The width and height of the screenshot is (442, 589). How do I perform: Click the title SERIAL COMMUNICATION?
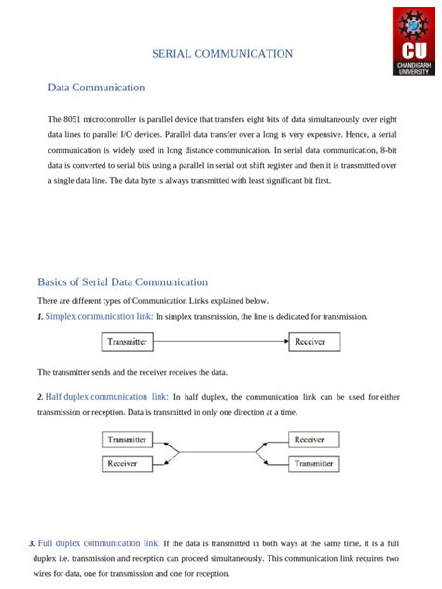[x=222, y=54]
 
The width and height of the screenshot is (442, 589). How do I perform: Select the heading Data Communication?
[x=96, y=88]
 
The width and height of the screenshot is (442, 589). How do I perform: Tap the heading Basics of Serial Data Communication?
[x=122, y=281]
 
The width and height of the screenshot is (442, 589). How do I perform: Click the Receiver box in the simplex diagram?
[x=310, y=342]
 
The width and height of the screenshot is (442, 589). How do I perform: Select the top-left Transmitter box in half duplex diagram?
[x=128, y=439]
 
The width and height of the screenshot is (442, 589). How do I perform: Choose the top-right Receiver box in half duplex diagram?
[x=310, y=439]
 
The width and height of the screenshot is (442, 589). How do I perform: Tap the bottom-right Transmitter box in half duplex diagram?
[x=310, y=463]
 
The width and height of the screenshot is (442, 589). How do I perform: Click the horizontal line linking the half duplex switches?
[x=219, y=452]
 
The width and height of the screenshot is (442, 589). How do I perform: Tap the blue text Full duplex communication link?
[x=99, y=543]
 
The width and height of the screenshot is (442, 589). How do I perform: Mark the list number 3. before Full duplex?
[x=32, y=544]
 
